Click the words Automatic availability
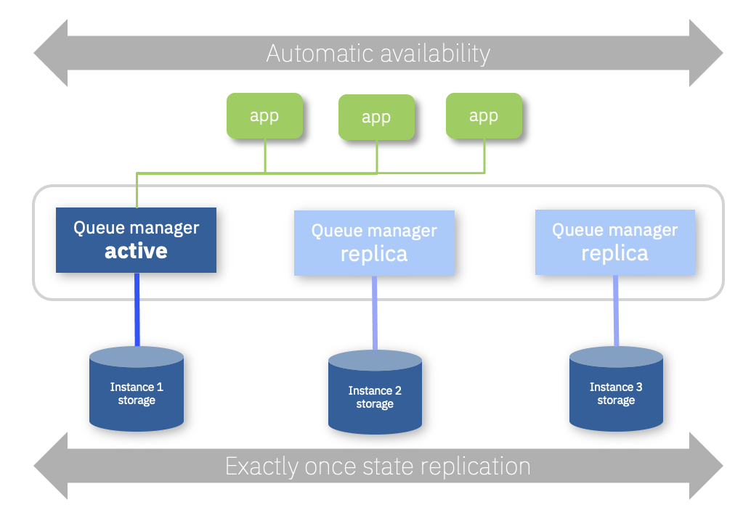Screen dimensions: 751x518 tap(378, 53)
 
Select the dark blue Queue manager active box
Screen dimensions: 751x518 tap(136, 240)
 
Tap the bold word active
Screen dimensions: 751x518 tap(136, 251)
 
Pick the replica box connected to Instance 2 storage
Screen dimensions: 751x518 tap(374, 243)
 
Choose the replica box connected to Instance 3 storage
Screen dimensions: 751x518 tap(615, 242)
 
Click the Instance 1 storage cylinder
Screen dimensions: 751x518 tap(137, 389)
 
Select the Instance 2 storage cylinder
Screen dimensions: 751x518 tap(375, 392)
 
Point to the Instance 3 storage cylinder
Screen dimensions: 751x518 tap(616, 389)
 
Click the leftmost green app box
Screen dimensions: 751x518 tap(264, 116)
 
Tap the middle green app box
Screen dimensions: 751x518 tap(376, 118)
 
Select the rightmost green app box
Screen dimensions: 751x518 tap(484, 116)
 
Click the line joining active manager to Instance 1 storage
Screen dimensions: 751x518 tap(137, 310)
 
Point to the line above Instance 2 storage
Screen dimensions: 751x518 tap(375, 313)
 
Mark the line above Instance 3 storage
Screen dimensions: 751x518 tap(616, 311)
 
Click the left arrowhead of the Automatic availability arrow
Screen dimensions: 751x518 tap(51, 53)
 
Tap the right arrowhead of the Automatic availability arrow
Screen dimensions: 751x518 tap(706, 53)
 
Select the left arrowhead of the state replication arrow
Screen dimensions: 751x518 tap(51, 466)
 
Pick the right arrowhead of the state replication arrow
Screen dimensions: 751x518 tap(706, 466)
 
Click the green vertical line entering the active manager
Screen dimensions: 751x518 tap(137, 190)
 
